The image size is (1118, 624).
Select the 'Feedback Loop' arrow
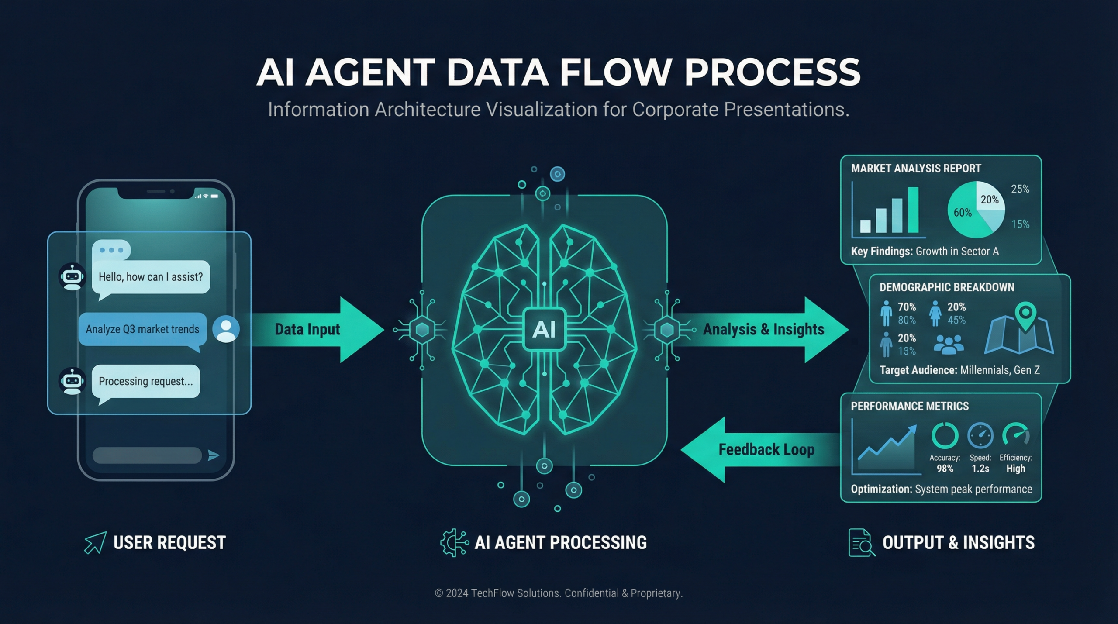(760, 450)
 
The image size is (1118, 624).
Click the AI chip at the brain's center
(544, 329)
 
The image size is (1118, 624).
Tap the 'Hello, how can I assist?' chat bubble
(151, 277)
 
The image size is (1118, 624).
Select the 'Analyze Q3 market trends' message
(142, 329)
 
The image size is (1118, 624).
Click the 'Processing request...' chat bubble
(145, 381)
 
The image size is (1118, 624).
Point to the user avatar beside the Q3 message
(226, 329)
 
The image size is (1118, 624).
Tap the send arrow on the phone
(213, 455)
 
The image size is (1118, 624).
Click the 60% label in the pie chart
(963, 213)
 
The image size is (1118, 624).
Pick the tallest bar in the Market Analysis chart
(913, 210)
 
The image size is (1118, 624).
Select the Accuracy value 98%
(945, 469)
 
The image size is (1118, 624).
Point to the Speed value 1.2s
(980, 469)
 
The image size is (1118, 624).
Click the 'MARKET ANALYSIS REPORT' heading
(916, 169)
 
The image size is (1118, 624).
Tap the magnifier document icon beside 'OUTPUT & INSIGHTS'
(861, 543)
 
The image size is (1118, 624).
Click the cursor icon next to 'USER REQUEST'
(95, 543)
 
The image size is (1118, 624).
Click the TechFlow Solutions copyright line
(559, 593)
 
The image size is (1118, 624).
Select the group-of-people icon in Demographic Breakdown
(949, 344)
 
